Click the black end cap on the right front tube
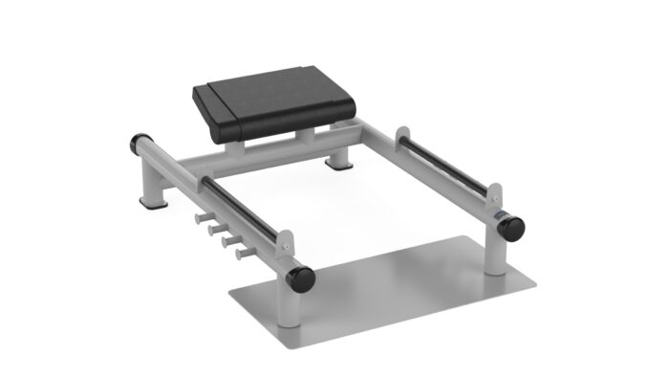(512, 228)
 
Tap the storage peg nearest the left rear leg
(204, 220)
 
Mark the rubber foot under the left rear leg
(151, 203)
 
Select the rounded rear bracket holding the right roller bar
(401, 137)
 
